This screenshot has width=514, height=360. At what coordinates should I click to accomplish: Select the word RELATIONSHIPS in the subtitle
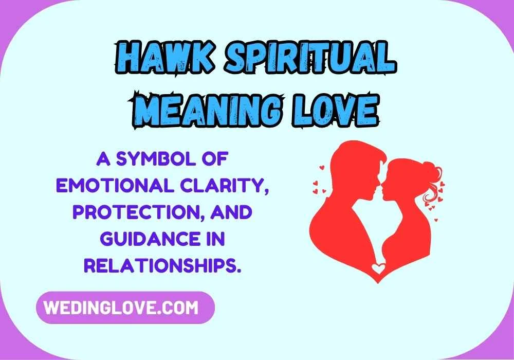coord(163,266)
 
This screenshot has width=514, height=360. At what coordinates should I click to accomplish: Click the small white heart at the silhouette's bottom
coord(378,268)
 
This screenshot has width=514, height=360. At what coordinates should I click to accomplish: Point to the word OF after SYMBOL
coord(214,159)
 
